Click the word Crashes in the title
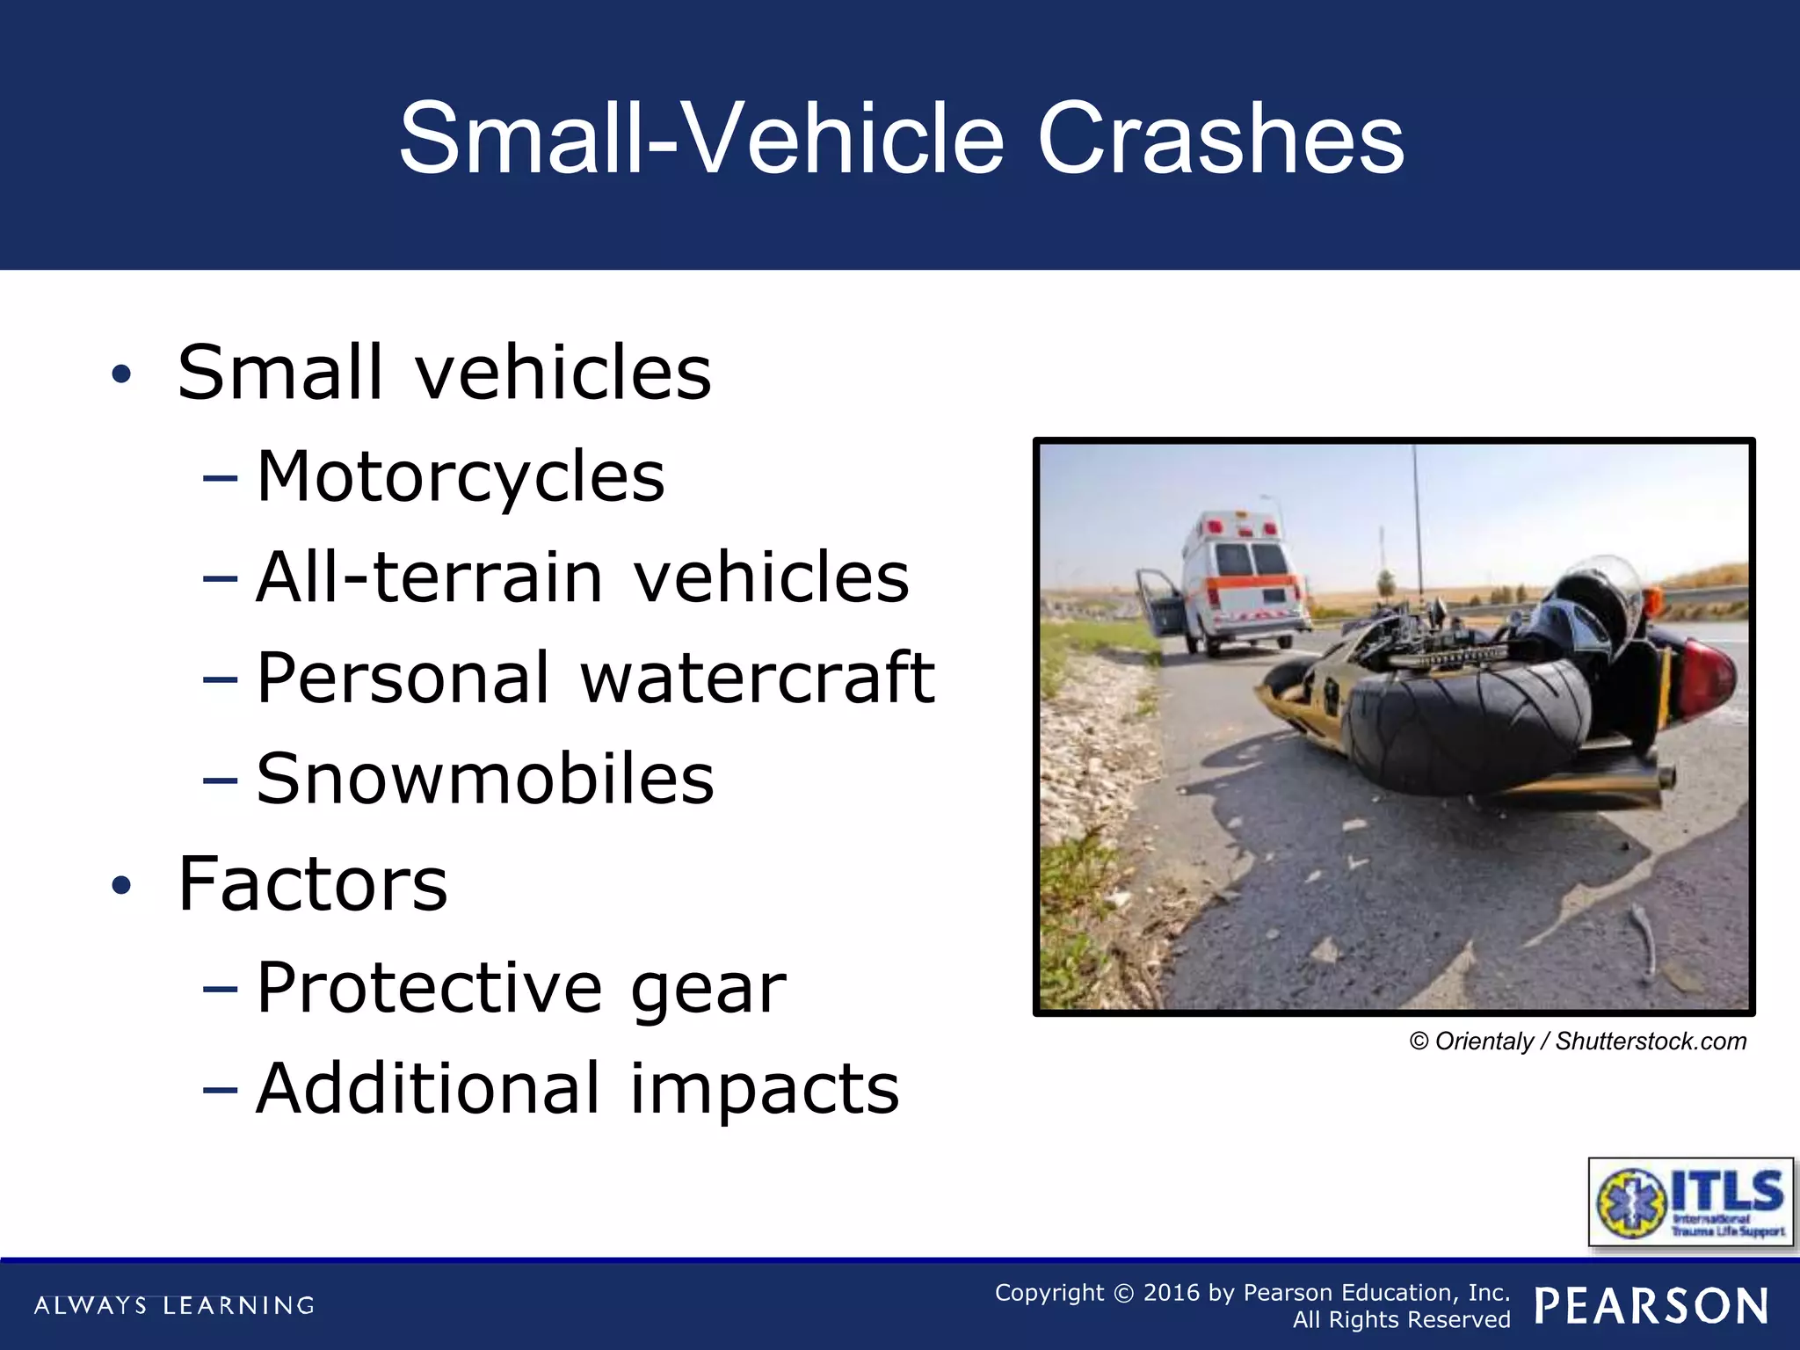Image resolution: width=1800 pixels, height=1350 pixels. point(1221,139)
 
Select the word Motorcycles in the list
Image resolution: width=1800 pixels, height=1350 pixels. point(461,476)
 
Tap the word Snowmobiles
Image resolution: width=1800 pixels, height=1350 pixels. point(485,779)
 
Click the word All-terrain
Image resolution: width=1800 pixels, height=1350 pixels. point(430,577)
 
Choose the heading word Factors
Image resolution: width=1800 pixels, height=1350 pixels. point(313,883)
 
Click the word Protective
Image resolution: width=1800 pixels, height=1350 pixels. point(430,988)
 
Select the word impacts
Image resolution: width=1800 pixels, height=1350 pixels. point(765,1089)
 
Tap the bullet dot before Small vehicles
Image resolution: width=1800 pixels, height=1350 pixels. point(121,374)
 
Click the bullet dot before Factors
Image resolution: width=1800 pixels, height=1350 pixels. point(121,885)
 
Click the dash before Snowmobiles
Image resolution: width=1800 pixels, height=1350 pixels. point(220,780)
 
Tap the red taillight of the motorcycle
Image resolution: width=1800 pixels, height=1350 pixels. point(1709,677)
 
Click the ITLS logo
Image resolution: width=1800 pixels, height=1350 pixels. point(1690,1201)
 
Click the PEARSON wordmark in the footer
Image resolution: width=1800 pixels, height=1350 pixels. point(1651,1306)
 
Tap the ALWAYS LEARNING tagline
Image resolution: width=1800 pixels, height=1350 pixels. point(174,1306)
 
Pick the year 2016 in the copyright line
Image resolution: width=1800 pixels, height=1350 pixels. point(1171,1293)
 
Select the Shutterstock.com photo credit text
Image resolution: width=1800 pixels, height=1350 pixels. point(1651,1042)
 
